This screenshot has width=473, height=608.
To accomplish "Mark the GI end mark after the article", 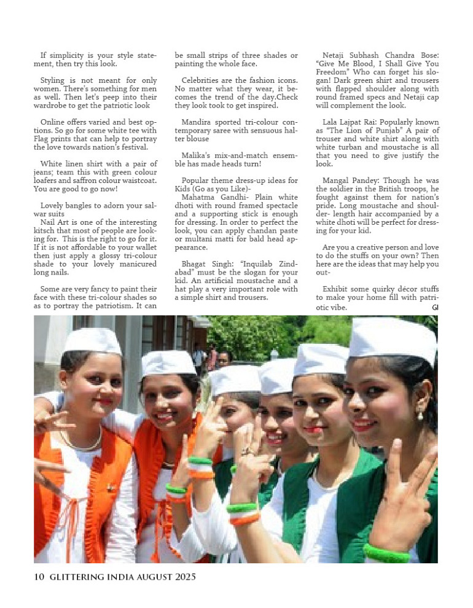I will coord(435,306).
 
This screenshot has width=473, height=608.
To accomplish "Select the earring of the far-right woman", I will coord(420,416).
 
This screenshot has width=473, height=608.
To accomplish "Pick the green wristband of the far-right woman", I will coord(386,553).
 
